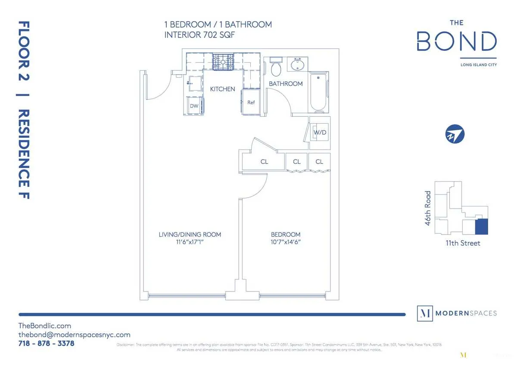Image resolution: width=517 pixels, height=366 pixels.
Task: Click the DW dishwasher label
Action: (194, 106)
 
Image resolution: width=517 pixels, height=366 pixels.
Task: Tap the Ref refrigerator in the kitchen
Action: (251, 103)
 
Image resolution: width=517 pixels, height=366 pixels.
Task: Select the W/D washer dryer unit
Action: (319, 132)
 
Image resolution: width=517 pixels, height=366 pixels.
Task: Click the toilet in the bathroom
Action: (276, 68)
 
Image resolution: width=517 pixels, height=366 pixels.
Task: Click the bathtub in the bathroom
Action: (319, 92)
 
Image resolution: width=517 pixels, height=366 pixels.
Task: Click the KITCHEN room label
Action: (222, 89)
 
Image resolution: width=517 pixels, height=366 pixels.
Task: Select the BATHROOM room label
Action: (286, 84)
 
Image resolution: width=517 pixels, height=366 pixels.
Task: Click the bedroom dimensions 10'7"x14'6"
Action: (283, 242)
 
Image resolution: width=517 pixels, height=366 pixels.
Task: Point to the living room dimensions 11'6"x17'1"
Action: (190, 242)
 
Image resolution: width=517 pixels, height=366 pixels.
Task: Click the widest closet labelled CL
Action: (264, 162)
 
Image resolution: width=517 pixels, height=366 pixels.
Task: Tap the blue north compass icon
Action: (455, 134)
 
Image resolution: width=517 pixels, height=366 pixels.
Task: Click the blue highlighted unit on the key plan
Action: (481, 227)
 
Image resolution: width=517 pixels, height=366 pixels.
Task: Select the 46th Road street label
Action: (428, 205)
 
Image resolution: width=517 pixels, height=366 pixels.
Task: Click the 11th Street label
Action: (463, 243)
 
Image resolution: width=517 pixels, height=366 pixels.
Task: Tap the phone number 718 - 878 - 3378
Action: (46, 344)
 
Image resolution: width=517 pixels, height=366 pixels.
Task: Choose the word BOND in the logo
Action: (456, 42)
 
